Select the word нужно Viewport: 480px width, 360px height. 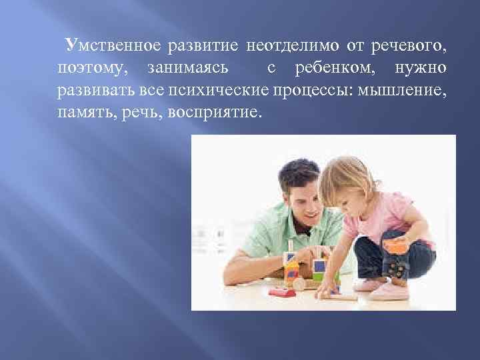[421, 68]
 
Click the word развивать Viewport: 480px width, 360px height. [93, 90]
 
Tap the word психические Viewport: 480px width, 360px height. [229, 90]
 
